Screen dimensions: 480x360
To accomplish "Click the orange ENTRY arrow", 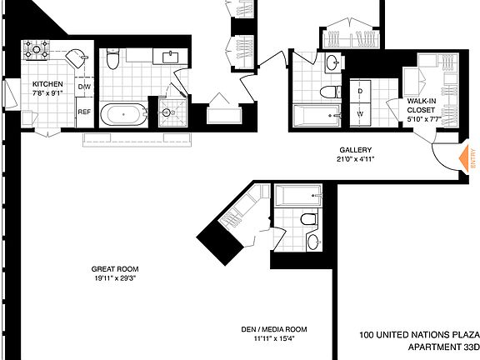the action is pyautogui.click(x=464, y=158).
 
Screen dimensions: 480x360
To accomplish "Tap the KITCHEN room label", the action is pyautogui.click(x=47, y=84).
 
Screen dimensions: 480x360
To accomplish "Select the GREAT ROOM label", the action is pyautogui.click(x=115, y=269).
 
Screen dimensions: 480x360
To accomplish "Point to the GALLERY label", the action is pyautogui.click(x=355, y=150).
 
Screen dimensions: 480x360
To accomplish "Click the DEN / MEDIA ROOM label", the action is pyautogui.click(x=274, y=329).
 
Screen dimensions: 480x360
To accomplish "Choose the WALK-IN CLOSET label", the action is pyautogui.click(x=422, y=105).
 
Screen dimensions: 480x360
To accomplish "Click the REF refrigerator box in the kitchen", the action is pyautogui.click(x=84, y=112).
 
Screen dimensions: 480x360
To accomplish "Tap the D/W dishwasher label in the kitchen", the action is pyautogui.click(x=84, y=87).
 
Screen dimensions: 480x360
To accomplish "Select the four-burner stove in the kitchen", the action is pyautogui.click(x=36, y=49).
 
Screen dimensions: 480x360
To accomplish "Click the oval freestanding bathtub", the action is pyautogui.click(x=123, y=114).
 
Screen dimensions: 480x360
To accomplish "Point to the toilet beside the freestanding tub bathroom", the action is pyautogui.click(x=112, y=59).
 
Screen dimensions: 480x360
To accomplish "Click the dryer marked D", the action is pyautogui.click(x=360, y=91).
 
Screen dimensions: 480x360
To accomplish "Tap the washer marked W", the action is pyautogui.click(x=360, y=114).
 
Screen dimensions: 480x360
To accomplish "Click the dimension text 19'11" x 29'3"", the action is pyautogui.click(x=115, y=278).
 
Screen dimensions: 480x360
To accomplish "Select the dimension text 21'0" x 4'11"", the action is pyautogui.click(x=355, y=159).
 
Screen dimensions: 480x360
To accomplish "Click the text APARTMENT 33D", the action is pyautogui.click(x=443, y=347).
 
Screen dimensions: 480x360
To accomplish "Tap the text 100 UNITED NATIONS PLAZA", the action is pyautogui.click(x=419, y=335).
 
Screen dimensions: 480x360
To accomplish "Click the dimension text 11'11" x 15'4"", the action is pyautogui.click(x=274, y=338).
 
